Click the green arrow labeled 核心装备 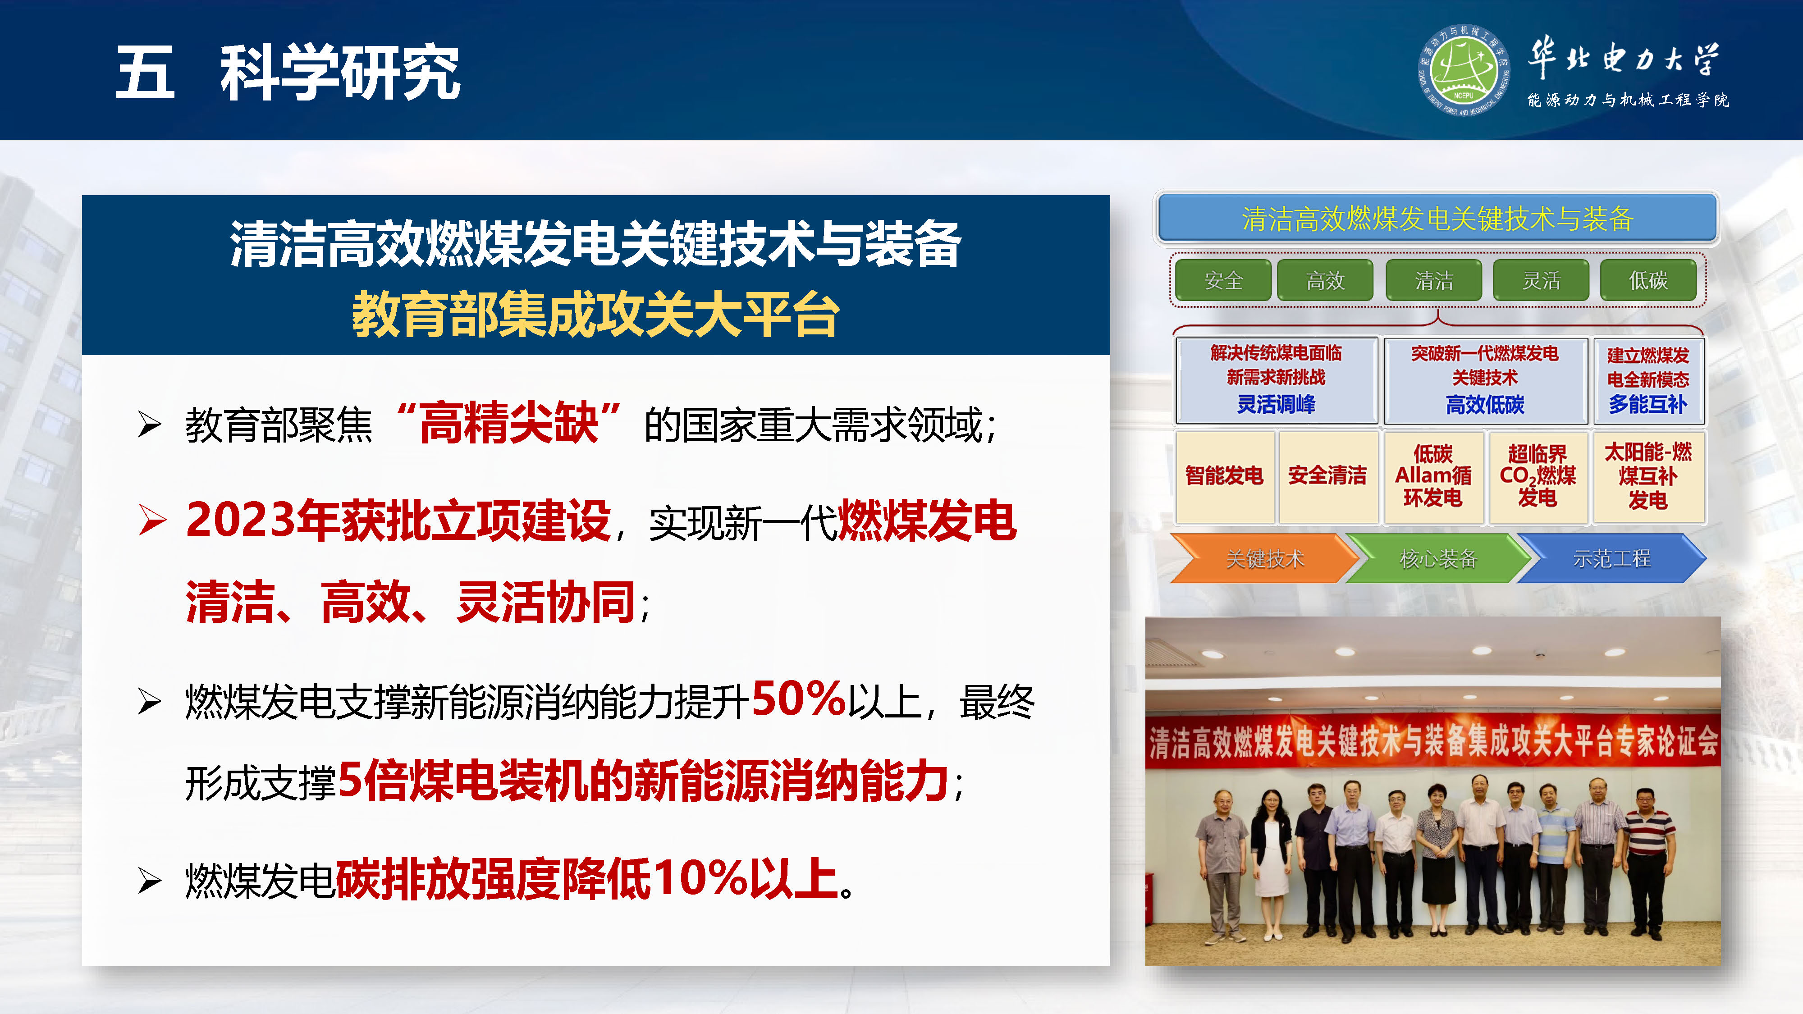point(1437,558)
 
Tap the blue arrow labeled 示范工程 point(1611,558)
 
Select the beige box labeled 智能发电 point(1224,476)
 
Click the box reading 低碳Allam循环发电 point(1433,476)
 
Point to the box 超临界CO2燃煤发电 point(1537,476)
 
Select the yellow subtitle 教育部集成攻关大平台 point(595,315)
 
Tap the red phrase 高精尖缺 point(509,423)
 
